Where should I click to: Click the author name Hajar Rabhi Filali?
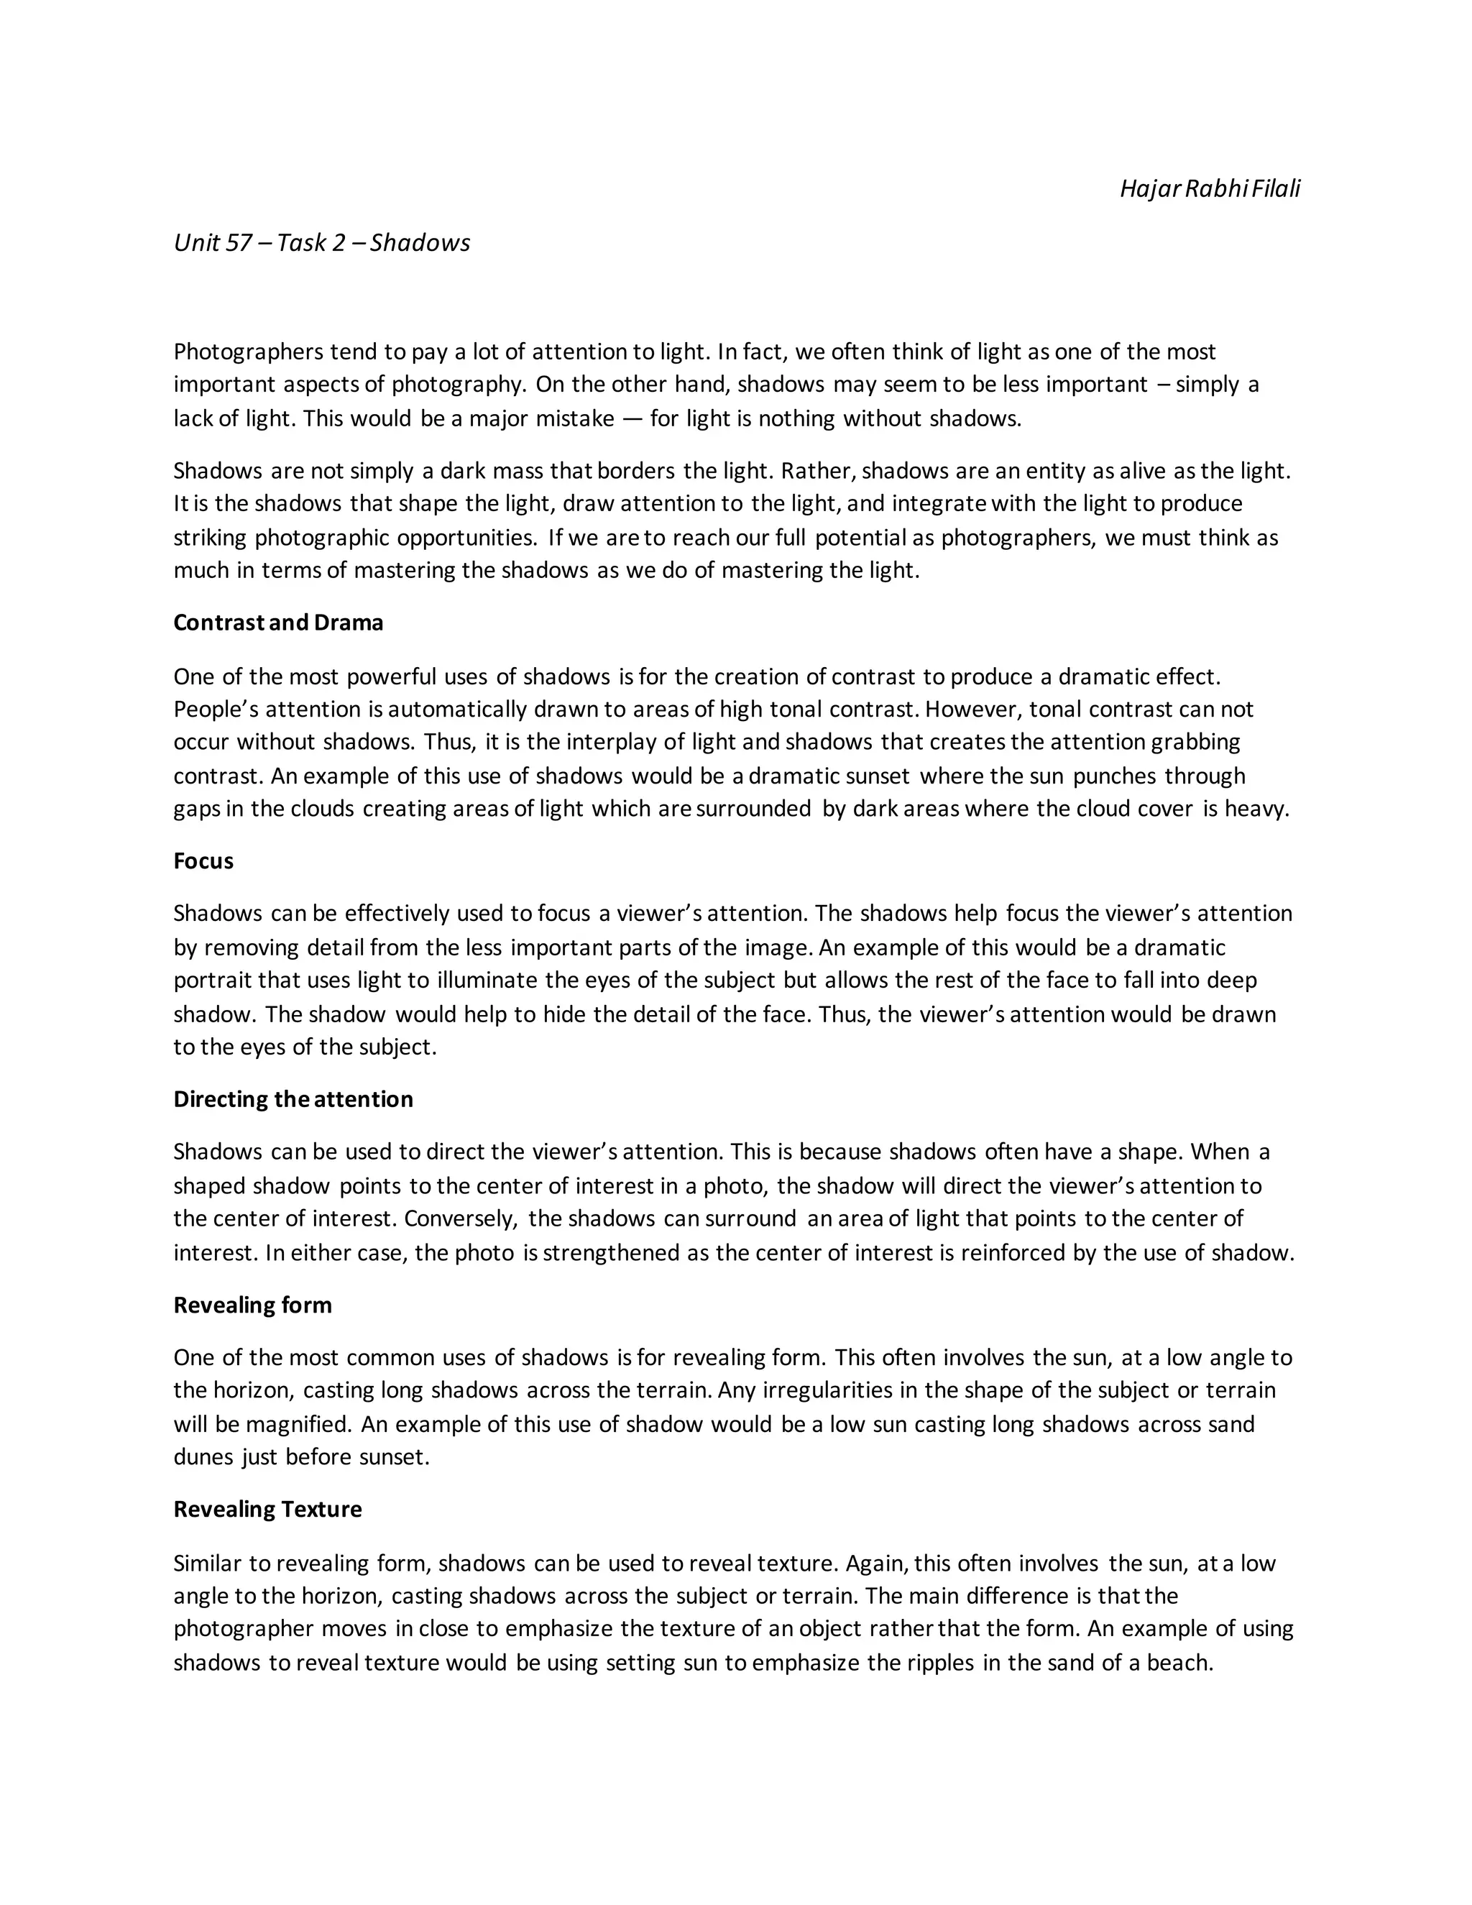point(1210,188)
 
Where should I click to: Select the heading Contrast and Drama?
point(278,623)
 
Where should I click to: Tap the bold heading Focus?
point(203,861)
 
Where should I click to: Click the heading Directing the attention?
point(293,1099)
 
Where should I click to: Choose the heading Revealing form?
point(253,1305)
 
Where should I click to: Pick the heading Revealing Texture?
point(267,1509)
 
